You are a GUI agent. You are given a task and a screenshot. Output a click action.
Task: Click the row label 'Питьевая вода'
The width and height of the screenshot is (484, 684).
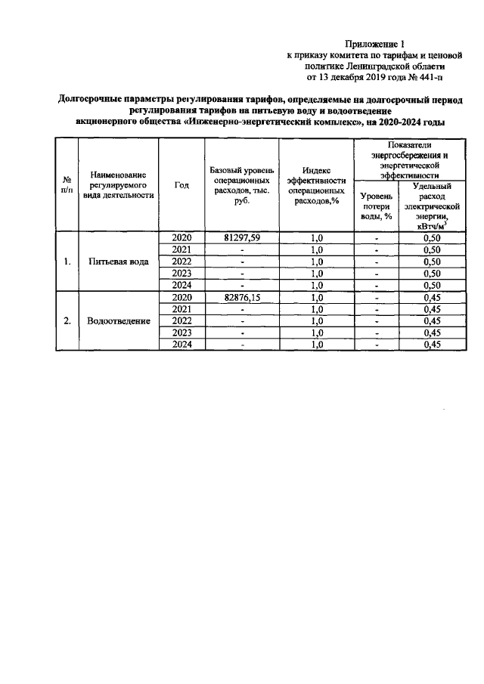point(118,262)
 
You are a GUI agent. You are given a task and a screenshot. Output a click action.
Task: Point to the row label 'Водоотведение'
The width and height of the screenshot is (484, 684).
point(118,320)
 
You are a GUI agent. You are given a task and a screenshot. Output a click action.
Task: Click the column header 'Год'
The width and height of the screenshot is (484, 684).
point(181,186)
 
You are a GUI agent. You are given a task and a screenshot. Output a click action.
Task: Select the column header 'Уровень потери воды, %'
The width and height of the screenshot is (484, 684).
point(376,205)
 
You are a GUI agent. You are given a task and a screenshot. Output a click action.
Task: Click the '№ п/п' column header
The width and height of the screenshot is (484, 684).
point(67,186)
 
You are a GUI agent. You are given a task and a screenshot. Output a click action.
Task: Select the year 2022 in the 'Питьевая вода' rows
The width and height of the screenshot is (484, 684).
point(181,262)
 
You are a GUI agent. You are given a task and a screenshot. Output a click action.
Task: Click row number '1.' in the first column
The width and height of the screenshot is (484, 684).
point(67,262)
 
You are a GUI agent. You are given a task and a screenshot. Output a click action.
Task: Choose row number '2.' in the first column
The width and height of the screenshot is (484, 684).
point(67,320)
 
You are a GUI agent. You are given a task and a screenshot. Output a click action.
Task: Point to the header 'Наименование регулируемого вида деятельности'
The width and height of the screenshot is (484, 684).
point(118,186)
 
